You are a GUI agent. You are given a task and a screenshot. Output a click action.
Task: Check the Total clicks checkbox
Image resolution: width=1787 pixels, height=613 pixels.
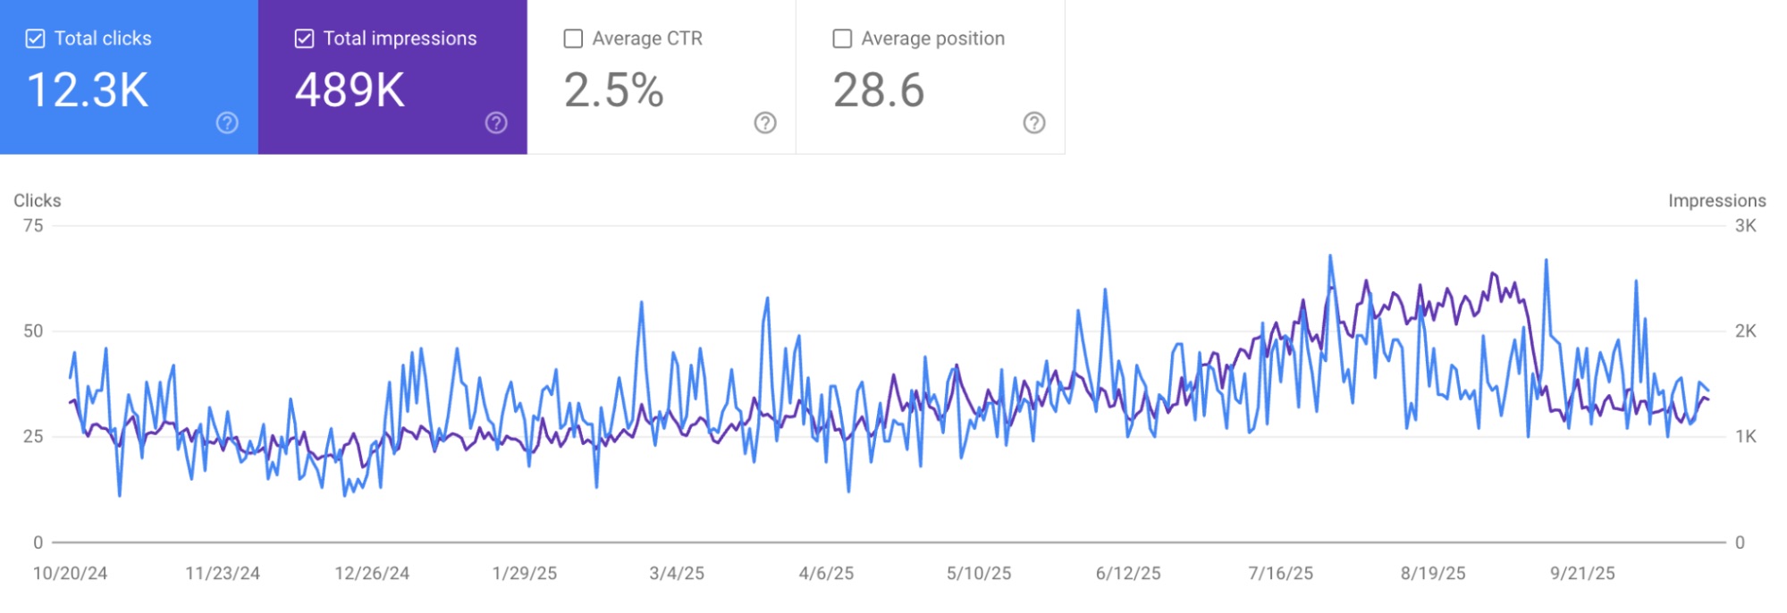[x=35, y=38]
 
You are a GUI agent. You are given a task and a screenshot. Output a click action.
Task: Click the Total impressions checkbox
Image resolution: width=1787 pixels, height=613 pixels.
[x=304, y=38]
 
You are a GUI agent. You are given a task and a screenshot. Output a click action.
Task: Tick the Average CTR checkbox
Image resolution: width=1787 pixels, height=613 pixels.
[x=573, y=38]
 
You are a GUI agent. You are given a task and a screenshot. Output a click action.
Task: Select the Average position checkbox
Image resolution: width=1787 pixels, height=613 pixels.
[x=842, y=38]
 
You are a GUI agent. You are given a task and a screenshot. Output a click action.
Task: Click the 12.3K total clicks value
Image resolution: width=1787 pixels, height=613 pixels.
[x=88, y=90]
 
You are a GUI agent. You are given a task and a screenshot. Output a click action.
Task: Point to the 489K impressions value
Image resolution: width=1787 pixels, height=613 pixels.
[x=350, y=90]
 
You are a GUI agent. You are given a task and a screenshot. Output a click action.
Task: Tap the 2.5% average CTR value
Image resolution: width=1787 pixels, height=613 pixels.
[x=613, y=90]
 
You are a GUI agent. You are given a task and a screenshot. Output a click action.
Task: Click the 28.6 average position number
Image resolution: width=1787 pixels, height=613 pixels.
[x=879, y=90]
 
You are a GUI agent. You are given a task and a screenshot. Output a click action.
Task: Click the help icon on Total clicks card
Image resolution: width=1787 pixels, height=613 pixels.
[x=227, y=123]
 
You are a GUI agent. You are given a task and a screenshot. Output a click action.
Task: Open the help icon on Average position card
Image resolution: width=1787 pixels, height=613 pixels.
[x=1034, y=123]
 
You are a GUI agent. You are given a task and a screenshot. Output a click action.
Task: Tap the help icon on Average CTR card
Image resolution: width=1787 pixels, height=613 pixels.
[x=765, y=123]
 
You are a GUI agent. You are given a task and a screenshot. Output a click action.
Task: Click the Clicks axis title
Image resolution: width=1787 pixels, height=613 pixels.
[x=38, y=200]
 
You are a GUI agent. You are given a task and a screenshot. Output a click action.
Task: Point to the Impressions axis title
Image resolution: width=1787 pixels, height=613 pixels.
[x=1716, y=200]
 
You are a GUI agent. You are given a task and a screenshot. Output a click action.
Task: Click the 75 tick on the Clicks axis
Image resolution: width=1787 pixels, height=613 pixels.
[x=33, y=225]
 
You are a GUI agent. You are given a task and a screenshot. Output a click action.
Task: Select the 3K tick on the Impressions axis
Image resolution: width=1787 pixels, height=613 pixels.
[x=1745, y=225]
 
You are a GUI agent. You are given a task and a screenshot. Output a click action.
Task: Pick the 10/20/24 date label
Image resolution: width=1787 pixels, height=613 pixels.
[x=70, y=574]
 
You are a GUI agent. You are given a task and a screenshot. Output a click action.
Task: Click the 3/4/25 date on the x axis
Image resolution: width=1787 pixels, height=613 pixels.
[x=677, y=574]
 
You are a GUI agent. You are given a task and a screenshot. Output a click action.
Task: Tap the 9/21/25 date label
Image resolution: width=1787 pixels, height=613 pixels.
[x=1582, y=574]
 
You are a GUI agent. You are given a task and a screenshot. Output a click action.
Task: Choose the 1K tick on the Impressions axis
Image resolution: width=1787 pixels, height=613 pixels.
[x=1745, y=437]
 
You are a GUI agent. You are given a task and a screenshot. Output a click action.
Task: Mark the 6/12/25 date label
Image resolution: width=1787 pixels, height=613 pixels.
[x=1128, y=574]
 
